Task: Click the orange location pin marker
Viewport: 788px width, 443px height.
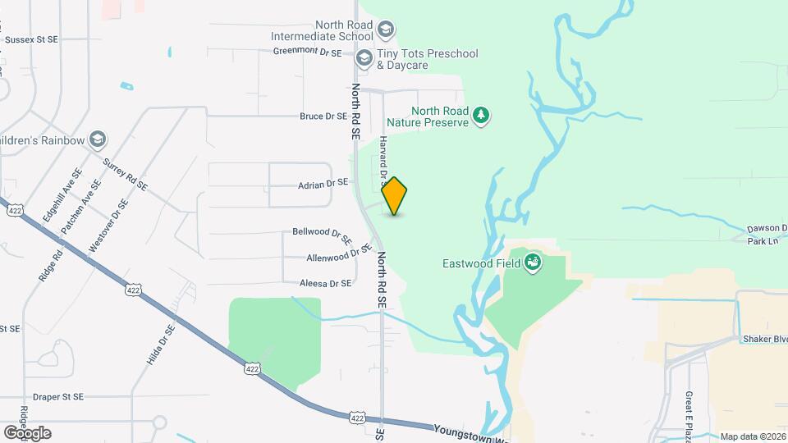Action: [x=395, y=195]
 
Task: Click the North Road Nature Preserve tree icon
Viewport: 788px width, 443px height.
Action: [x=481, y=116]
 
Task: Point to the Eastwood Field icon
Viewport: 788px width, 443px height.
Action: [x=534, y=263]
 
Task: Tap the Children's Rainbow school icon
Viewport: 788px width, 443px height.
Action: [x=98, y=139]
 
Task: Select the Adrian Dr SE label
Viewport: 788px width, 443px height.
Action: [x=323, y=183]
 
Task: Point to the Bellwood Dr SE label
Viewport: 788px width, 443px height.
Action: [x=322, y=235]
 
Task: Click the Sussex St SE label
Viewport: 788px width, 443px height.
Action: [x=31, y=39]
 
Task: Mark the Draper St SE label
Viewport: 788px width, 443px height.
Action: [x=54, y=396]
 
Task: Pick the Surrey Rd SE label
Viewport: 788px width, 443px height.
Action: [x=126, y=174]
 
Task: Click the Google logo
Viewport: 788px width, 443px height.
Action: [x=27, y=433]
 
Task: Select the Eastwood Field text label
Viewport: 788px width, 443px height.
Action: [x=482, y=264]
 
